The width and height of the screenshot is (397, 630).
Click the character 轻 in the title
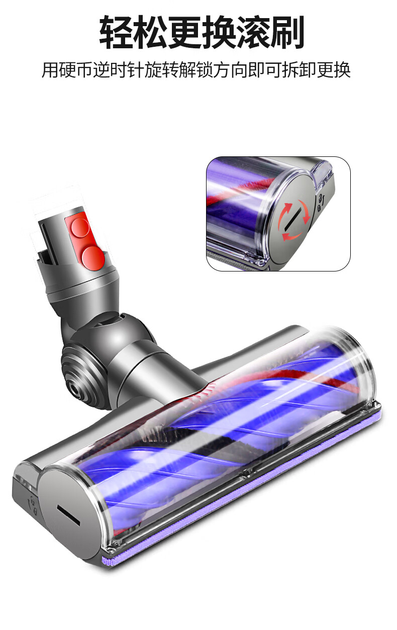tap(116, 33)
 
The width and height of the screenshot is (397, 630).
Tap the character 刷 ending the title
tap(287, 33)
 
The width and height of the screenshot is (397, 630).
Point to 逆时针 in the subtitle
tap(119, 69)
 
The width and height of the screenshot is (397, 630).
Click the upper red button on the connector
tap(80, 227)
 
